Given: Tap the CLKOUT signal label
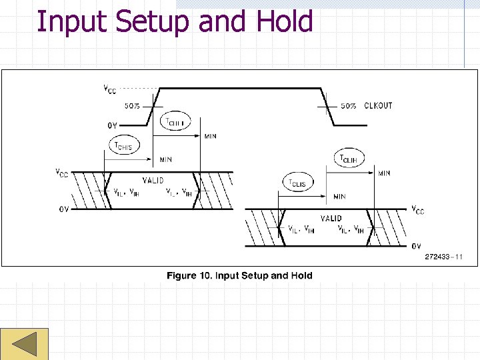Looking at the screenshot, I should tap(378, 105).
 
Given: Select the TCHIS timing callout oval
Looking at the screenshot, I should tap(124, 146).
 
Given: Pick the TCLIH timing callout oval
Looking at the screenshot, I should tap(349, 159).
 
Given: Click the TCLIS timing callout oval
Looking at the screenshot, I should tap(297, 183).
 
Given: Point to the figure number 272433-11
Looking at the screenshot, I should tap(443, 257).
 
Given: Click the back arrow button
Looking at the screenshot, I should tap(24, 345).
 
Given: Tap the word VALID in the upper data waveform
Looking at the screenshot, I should tap(154, 181).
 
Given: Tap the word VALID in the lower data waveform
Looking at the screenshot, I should tap(331, 218).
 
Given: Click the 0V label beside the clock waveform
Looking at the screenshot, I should tap(113, 125).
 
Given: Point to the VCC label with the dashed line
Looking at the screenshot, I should tap(108, 89).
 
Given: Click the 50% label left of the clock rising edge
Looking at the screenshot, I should tap(133, 105).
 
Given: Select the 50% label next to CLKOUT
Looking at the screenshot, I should tap(348, 105).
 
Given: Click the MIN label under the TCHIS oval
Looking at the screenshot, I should tap(166, 160).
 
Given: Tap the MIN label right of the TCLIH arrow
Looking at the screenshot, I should tap(384, 173).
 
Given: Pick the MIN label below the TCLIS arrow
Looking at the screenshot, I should tap(339, 197).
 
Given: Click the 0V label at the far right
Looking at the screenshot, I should tap(416, 246).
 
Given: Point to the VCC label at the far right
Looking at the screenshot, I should tap(417, 209).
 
